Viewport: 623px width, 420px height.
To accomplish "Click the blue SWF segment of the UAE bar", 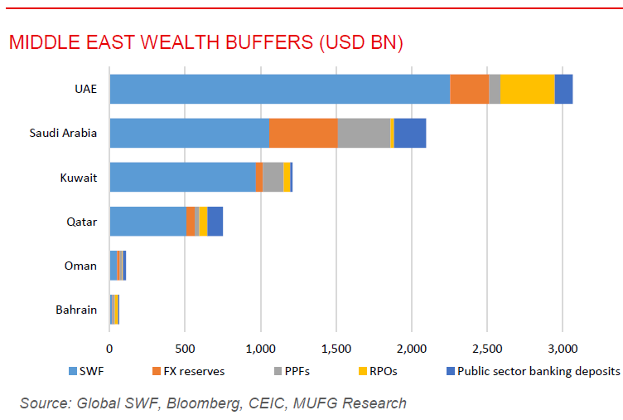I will [279, 89].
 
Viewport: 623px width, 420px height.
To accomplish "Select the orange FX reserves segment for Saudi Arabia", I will [303, 133].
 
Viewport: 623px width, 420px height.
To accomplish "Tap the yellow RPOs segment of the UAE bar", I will [527, 89].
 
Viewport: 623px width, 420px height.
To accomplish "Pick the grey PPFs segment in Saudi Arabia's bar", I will [363, 133].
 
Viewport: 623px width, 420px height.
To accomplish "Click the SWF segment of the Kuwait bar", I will [182, 178].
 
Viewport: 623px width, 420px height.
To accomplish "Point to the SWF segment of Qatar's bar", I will [147, 222].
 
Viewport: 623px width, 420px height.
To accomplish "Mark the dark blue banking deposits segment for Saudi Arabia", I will [410, 133].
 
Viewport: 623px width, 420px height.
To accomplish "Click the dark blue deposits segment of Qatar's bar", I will [215, 222].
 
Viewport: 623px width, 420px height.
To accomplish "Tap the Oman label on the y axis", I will [80, 266].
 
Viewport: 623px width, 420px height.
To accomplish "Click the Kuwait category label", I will [79, 178].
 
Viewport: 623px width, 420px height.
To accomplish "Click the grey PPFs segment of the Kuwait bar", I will [273, 178].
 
